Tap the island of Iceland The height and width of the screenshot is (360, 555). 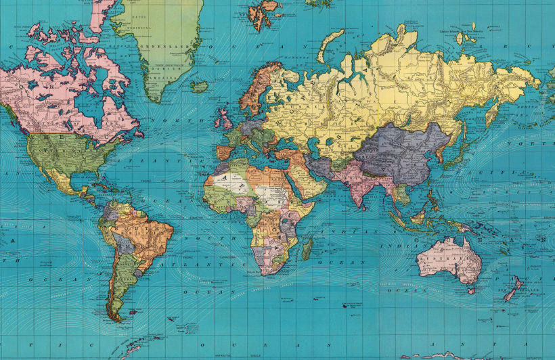pyautogui.click(x=199, y=87)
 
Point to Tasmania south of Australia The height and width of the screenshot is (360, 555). pyautogui.click(x=470, y=290)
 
